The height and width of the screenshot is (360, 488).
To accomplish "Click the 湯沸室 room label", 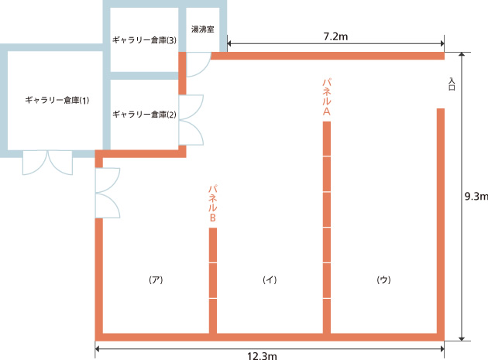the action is coord(203,29).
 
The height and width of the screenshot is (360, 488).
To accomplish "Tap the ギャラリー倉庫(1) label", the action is coord(57,100).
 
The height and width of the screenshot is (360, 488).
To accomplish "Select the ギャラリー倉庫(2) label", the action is coord(144,115).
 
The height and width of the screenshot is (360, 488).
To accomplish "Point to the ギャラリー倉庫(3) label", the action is coord(144,40).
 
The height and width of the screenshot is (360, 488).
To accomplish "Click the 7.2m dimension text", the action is coord(335,36).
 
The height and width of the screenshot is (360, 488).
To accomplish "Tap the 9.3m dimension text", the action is coord(476,197).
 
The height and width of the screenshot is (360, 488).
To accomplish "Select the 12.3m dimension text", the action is coord(262,355).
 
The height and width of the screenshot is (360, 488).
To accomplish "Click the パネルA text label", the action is coord(326,97).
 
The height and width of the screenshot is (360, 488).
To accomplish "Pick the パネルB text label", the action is coord(212,204).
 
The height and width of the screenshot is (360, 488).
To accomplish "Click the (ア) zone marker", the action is coord(156,279).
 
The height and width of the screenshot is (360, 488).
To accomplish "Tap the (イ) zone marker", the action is coord(270,279).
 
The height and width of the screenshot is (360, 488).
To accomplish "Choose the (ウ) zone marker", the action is coord(383,279).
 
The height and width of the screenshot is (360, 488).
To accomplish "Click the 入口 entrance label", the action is coord(452,84).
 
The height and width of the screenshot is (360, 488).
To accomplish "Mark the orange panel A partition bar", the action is coord(326,227).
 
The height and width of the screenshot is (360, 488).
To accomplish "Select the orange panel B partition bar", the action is coord(213,280).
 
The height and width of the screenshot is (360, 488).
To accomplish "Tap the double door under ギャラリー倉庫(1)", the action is coord(47,163).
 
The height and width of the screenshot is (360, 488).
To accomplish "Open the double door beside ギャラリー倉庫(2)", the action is coord(191,120).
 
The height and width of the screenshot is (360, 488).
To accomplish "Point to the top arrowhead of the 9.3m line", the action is coord(462,54).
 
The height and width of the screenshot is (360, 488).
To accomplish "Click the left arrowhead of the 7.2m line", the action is coord(229,43).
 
